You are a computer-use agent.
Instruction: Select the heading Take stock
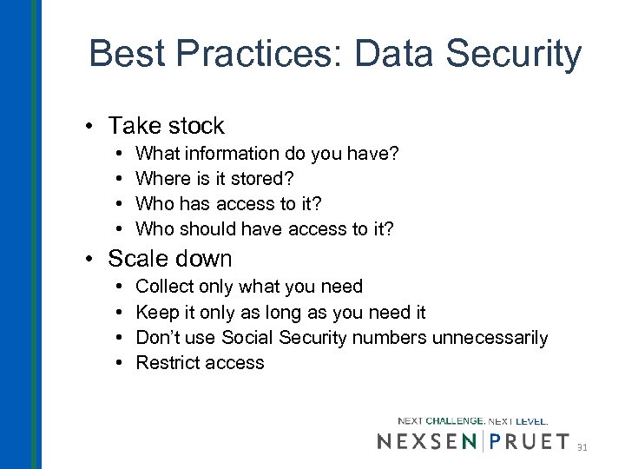point(166,126)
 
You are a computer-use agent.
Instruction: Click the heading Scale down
point(170,259)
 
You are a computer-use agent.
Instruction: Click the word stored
point(265,178)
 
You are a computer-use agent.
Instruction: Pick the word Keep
point(157,312)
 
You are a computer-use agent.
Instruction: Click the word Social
point(247,337)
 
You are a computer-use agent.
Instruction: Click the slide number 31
point(582,447)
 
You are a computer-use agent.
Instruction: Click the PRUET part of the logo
point(530,441)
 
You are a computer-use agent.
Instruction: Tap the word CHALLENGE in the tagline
point(455,421)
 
